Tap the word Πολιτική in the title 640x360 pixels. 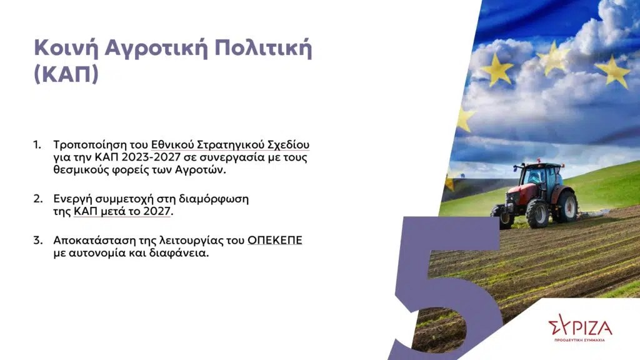[x=263, y=47]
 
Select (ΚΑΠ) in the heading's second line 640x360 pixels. [x=66, y=74]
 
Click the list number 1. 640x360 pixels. [x=37, y=145]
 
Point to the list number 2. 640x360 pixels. [x=38, y=199]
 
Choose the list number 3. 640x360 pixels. [x=38, y=240]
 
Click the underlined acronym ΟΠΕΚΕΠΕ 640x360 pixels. [x=275, y=240]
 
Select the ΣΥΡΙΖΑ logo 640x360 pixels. [x=580, y=327]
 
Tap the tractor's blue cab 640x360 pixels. [x=541, y=176]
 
